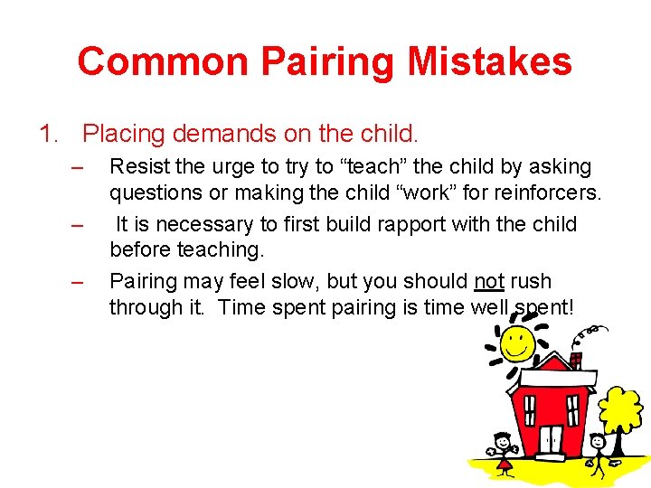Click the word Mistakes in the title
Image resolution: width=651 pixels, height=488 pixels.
(x=489, y=61)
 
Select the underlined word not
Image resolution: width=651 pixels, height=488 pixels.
(x=489, y=281)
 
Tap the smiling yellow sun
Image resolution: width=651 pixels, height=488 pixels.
(x=516, y=342)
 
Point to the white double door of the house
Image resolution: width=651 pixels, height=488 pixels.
(x=551, y=439)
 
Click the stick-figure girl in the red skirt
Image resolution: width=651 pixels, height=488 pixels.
(x=502, y=449)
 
